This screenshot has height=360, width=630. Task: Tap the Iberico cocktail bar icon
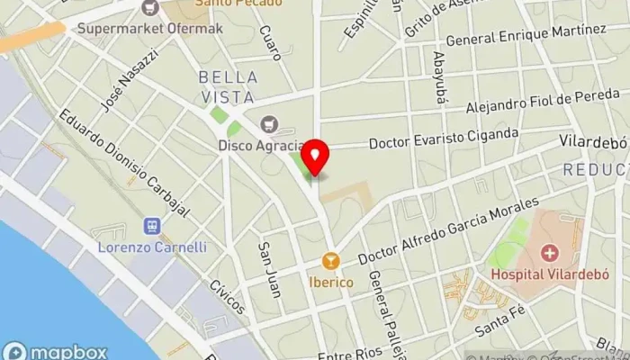point(332,261)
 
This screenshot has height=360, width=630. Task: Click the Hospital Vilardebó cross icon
point(549,253)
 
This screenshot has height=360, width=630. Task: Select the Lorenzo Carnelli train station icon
point(151,228)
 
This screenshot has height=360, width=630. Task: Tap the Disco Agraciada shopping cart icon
point(267,124)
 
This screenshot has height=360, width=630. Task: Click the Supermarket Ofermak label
point(150,27)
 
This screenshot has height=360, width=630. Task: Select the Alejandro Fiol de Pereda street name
point(543,102)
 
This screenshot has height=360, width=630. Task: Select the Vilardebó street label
point(591,142)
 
